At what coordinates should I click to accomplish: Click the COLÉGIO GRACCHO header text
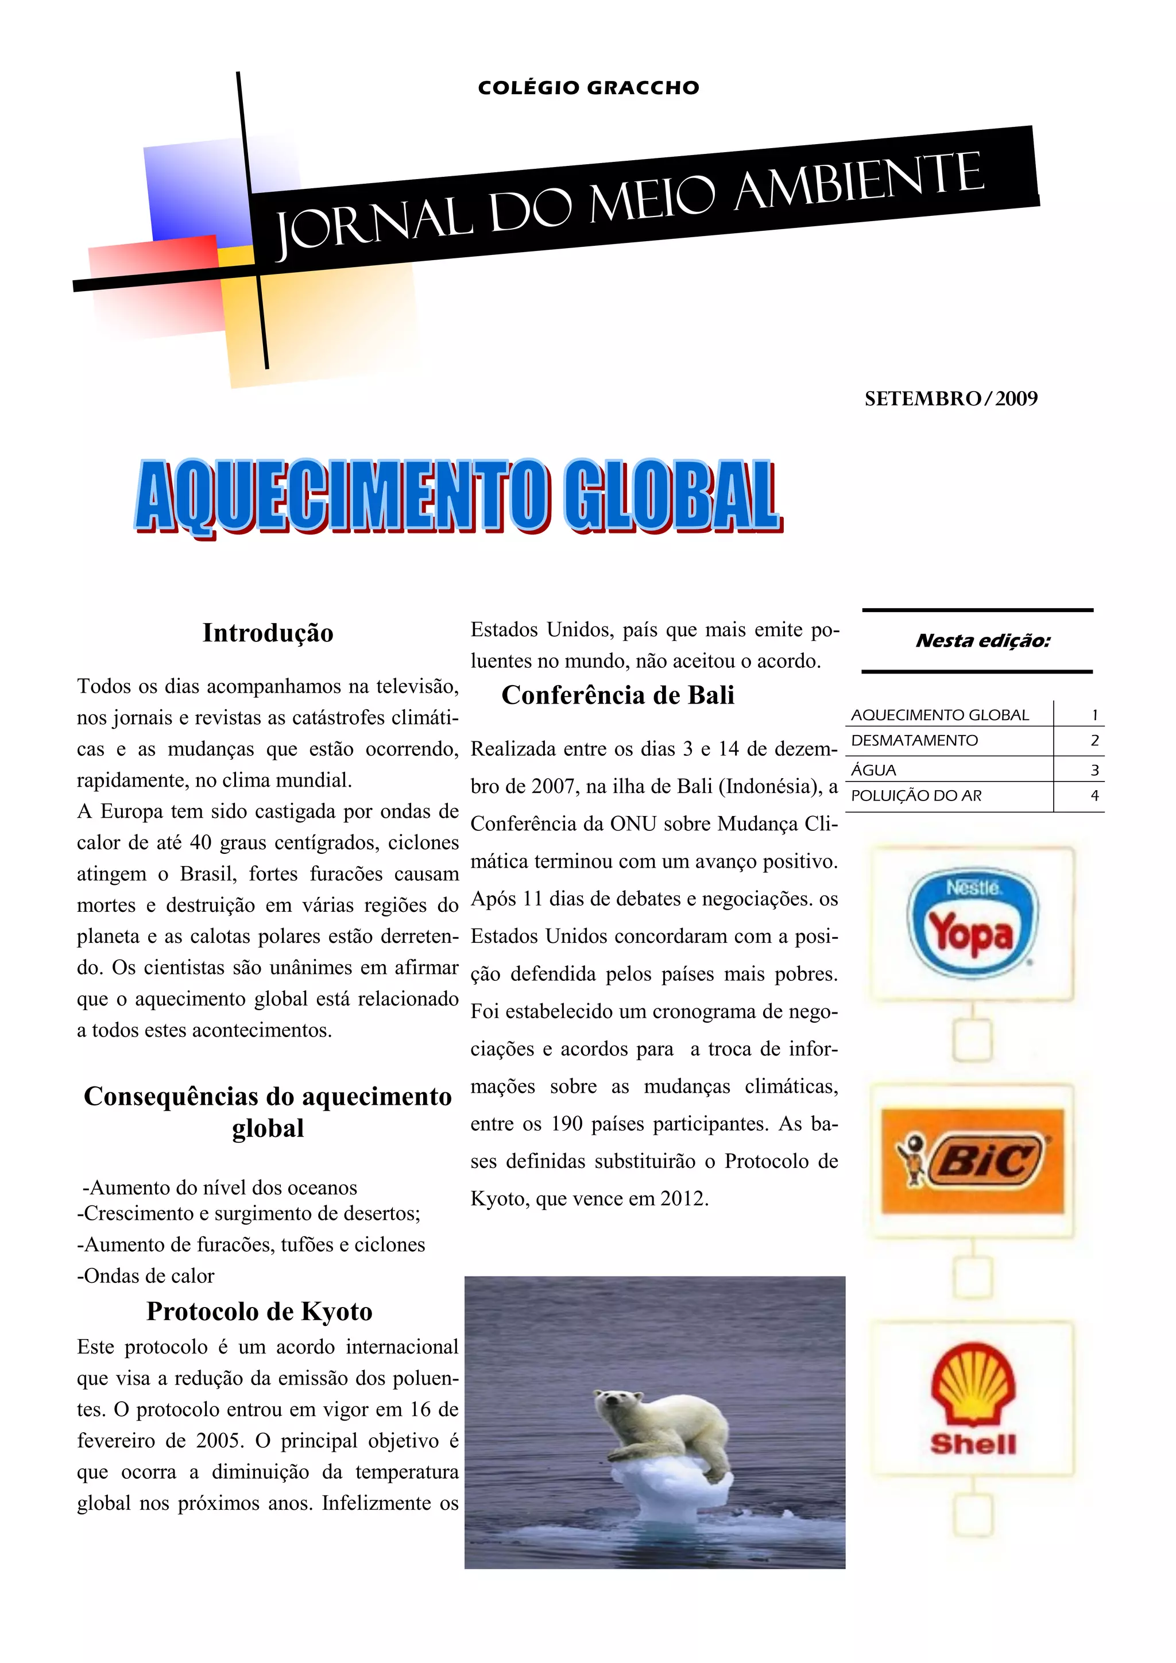point(588,88)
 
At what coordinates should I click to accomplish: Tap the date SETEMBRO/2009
point(950,399)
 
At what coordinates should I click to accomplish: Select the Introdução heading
point(268,632)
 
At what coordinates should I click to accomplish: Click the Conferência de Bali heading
point(618,695)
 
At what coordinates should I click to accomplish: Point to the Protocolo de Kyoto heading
point(259,1311)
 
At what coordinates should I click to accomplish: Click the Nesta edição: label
point(982,640)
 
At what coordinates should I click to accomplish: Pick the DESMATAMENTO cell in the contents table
point(915,740)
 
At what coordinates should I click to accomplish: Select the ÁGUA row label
point(874,770)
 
